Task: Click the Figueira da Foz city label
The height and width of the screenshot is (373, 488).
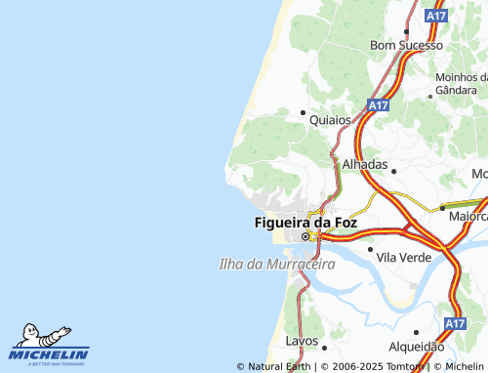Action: point(305,223)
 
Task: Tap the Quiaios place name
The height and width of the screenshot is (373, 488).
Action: point(329,121)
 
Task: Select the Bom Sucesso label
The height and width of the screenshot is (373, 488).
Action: point(407,46)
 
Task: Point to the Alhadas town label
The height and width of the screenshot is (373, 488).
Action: point(364,165)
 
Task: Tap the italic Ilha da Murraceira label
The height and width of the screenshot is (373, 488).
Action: point(276,265)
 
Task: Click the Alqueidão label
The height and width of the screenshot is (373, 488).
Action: point(416,347)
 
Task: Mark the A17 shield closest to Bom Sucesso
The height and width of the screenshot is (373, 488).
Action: point(437,17)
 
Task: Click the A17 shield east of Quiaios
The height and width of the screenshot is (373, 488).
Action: point(379,104)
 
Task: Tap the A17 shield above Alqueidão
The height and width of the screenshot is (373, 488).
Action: point(455,322)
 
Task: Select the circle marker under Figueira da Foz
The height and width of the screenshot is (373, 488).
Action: point(305,237)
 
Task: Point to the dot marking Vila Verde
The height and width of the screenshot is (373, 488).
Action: point(370,249)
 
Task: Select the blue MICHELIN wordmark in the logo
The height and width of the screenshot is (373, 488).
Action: point(49,354)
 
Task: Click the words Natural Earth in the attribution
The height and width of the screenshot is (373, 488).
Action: point(279,367)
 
